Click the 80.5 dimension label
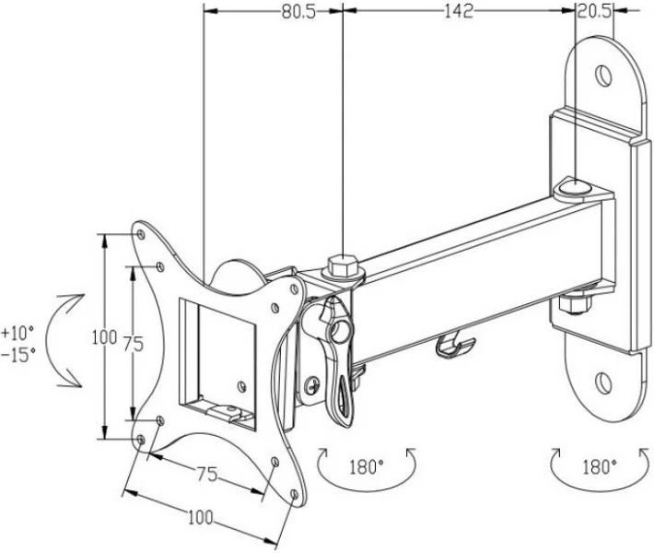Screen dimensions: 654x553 [x=298, y=12]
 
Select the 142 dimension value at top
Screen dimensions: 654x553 [x=459, y=11]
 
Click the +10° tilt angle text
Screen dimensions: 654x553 [x=18, y=333]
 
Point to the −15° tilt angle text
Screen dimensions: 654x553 [x=18, y=355]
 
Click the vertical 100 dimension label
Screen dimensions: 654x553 [x=104, y=336]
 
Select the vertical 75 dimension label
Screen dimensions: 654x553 [x=134, y=344]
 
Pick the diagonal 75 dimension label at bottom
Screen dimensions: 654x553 [x=207, y=474]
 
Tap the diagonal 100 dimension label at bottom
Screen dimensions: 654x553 [x=200, y=518]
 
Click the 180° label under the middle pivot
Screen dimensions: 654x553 [x=367, y=467]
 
